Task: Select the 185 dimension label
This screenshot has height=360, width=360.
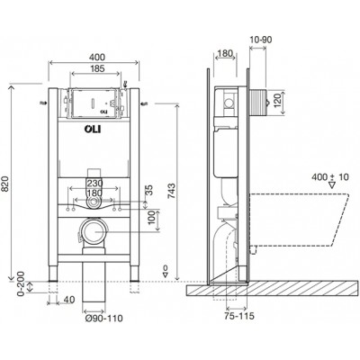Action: pyautogui.click(x=97, y=68)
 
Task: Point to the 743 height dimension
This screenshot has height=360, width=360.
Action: pyautogui.click(x=171, y=192)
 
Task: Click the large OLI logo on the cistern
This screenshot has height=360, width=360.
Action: pyautogui.click(x=93, y=130)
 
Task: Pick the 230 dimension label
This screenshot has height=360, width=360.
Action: pyautogui.click(x=94, y=183)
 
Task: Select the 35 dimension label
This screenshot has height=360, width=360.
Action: pyautogui.click(x=149, y=190)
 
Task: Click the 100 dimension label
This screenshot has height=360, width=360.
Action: pyautogui.click(x=152, y=217)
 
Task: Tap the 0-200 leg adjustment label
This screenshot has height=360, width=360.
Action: pyautogui.click(x=21, y=284)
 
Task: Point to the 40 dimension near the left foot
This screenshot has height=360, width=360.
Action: pyautogui.click(x=68, y=299)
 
